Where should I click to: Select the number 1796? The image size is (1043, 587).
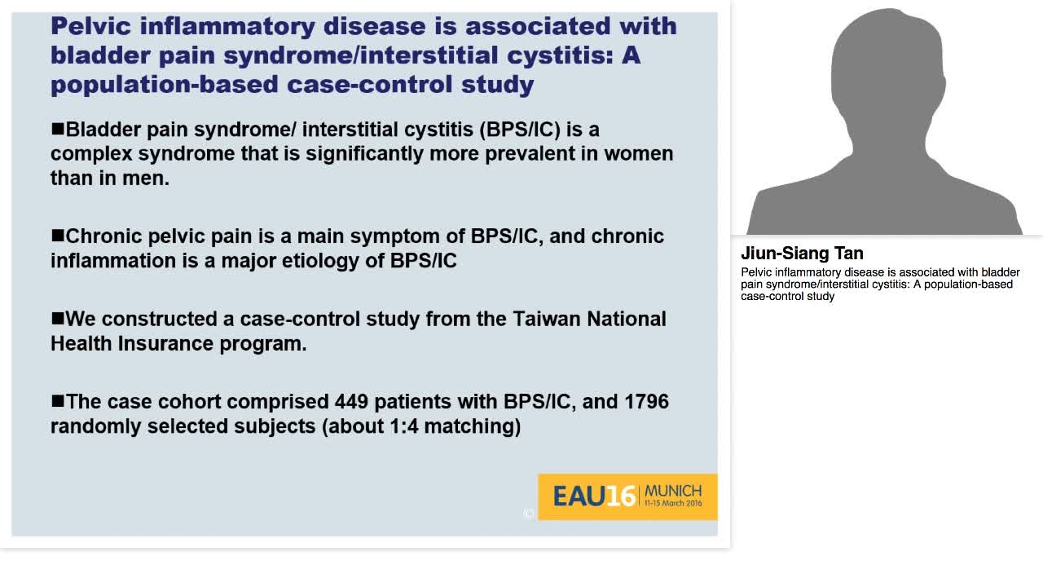pyautogui.click(x=646, y=402)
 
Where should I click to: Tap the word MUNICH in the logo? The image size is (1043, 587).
pyautogui.click(x=672, y=491)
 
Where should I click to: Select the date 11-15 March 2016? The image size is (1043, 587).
pyautogui.click(x=672, y=504)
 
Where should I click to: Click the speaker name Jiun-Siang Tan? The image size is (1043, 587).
pyautogui.click(x=802, y=254)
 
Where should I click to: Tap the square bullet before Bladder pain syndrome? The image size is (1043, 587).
pyautogui.click(x=57, y=129)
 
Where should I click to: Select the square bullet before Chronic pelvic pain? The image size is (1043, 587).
pyautogui.click(x=57, y=236)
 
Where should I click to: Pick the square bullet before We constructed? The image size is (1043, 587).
pyautogui.click(x=57, y=318)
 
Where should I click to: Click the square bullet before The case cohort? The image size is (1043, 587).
pyautogui.click(x=57, y=401)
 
